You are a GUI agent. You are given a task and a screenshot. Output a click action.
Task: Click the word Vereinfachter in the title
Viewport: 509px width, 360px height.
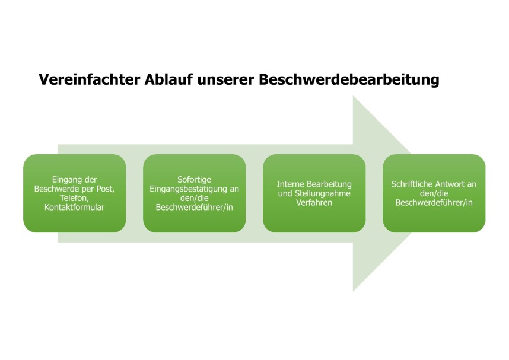(x=89, y=79)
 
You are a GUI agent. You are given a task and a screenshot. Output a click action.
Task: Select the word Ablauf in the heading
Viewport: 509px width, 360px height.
(x=168, y=79)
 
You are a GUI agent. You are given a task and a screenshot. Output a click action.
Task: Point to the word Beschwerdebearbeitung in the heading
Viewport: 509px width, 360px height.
(x=349, y=80)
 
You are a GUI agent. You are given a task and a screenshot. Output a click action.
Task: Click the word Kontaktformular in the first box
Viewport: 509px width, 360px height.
(x=74, y=207)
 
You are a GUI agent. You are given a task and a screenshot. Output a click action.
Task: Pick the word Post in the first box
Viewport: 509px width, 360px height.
(x=106, y=189)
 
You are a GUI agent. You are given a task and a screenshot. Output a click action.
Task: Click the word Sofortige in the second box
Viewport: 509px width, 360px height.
(x=194, y=180)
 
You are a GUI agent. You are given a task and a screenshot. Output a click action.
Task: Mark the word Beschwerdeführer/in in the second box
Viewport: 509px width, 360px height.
(x=194, y=208)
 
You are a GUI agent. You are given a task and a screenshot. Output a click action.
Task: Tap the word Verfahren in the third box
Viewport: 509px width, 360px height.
(x=314, y=203)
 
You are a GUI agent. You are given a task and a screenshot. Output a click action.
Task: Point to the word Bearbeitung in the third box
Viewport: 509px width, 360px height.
(x=329, y=184)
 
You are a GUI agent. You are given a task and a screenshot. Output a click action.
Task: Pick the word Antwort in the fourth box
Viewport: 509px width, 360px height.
(x=447, y=184)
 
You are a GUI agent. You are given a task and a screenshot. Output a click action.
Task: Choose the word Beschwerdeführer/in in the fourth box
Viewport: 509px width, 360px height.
(x=434, y=203)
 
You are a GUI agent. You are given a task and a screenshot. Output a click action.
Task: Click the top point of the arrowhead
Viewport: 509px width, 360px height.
(x=353, y=95)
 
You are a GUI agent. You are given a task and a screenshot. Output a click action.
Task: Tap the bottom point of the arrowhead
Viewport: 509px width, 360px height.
(x=353, y=291)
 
